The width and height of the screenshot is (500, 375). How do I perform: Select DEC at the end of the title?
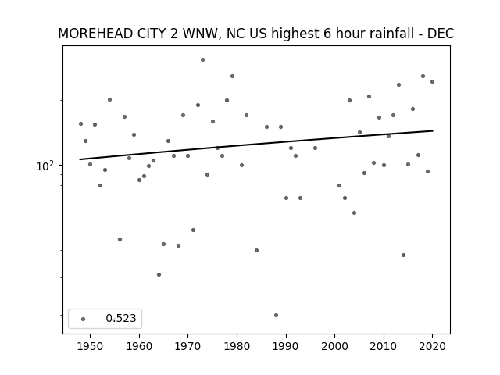click(441, 34)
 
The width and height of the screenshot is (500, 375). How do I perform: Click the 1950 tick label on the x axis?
click(91, 346)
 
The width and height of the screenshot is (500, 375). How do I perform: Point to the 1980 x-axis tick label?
click(237, 346)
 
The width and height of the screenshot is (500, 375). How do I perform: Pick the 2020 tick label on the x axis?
click(432, 346)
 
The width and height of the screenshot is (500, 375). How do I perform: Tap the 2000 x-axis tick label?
click(335, 346)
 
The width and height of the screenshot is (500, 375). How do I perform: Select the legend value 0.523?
click(121, 318)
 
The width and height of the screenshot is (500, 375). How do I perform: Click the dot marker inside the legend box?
click(84, 319)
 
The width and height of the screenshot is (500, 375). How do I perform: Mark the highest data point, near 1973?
click(202, 59)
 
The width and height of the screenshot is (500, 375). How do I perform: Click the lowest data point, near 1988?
click(276, 315)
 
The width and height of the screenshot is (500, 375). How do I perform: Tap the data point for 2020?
click(432, 81)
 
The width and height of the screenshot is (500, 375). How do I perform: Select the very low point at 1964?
click(159, 274)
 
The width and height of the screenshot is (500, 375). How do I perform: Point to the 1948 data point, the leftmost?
click(80, 123)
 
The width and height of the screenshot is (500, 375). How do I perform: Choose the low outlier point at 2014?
click(403, 255)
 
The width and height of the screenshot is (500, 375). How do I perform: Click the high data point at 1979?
click(233, 77)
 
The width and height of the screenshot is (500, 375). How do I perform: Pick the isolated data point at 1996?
click(315, 148)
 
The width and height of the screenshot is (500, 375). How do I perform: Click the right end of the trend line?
click(433, 130)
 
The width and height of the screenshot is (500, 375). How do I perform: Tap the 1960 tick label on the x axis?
click(139, 346)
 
